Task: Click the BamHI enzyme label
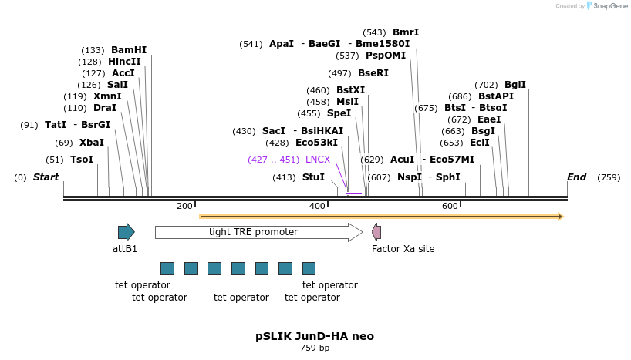point(128,50)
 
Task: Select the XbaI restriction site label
point(91,143)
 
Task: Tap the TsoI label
point(81,160)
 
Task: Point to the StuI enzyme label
point(313,177)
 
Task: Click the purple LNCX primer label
point(317,160)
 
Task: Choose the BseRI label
point(373,73)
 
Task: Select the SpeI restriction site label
point(339,113)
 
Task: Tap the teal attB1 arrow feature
point(126,232)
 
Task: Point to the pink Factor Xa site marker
point(376,232)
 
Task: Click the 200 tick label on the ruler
point(184,206)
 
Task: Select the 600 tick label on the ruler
point(450,206)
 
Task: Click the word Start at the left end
point(46,177)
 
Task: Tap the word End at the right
point(576,177)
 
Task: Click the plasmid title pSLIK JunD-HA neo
point(315,337)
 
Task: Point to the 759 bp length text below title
point(315,348)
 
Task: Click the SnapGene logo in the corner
point(606,6)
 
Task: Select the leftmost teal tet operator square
point(167,268)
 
